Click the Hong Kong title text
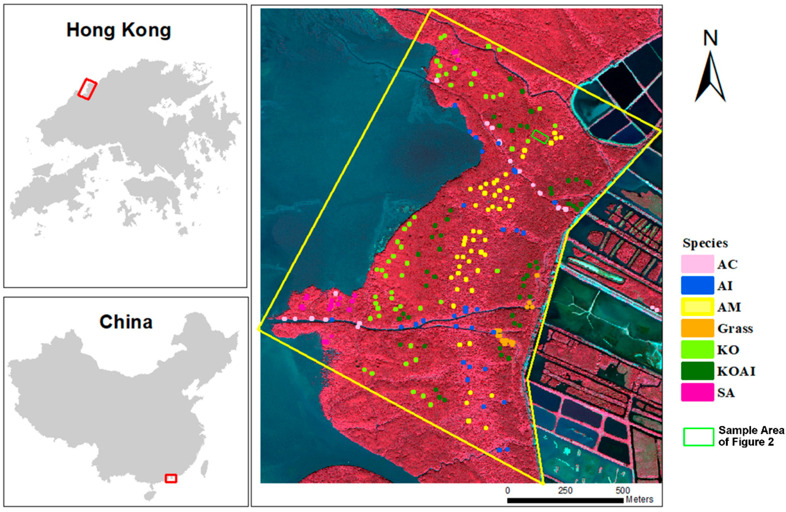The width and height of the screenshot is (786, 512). pos(119,30)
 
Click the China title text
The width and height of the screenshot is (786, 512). pos(126,322)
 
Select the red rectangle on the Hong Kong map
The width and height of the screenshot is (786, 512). pos(87,89)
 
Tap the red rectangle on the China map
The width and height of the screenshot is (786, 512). pos(171,478)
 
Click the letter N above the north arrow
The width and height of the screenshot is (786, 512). pos(710,38)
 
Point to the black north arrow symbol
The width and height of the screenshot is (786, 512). pos(710,78)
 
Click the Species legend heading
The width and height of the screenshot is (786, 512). pos(705,243)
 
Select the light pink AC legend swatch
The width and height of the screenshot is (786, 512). pos(697,264)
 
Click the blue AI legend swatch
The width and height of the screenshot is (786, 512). pos(697,285)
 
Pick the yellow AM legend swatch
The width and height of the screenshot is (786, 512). pos(697,307)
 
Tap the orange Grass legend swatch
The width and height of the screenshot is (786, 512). pos(697,328)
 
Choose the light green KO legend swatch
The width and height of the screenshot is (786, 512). pos(697,350)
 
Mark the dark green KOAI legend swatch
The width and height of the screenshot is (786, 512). pos(697,371)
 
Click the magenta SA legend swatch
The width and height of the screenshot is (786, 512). pos(697,393)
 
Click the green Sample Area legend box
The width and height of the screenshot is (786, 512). pos(698,437)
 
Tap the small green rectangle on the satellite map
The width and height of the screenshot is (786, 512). pos(540,137)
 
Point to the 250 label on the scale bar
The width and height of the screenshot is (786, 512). pos(565,490)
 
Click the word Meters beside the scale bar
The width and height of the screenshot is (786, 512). pos(640,499)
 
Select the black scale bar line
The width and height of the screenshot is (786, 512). pos(565,501)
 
